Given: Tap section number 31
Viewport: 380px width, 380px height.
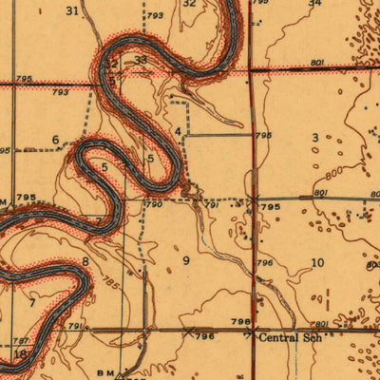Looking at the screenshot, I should coord(72,10).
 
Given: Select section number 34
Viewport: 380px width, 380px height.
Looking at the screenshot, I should coord(314,4).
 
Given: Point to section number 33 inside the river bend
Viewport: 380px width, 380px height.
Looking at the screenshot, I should coord(141,60).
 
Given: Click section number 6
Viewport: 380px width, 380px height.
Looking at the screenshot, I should coord(55,141).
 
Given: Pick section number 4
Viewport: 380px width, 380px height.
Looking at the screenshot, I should coord(178,131).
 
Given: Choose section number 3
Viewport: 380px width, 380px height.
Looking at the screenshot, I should coord(314,139).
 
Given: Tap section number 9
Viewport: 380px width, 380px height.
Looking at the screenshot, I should coord(186,259).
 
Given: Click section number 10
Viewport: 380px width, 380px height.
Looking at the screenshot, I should coord(317,262).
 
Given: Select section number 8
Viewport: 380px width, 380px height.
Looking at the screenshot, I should coord(85,260).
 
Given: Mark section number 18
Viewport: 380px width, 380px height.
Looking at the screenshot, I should coord(20,353).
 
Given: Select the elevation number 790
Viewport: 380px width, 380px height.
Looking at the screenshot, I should coord(153,204).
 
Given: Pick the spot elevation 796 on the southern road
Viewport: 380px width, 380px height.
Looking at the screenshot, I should coord(201,337).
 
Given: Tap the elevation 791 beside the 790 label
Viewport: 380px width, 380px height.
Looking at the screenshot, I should coord(212,204).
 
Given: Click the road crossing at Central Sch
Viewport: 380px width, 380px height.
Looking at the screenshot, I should coord(252,332).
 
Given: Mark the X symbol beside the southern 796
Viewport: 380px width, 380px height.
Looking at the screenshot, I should coord(188,332).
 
